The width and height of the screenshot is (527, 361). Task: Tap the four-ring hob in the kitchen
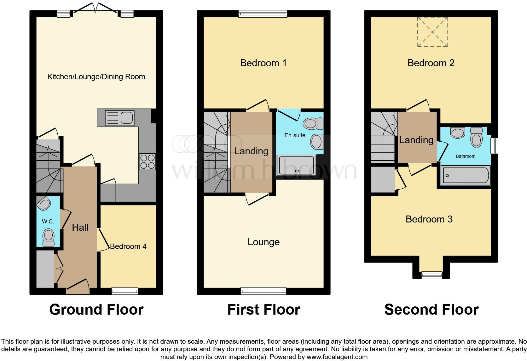148,162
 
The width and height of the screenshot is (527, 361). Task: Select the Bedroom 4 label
128,246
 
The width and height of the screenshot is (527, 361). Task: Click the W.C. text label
48,222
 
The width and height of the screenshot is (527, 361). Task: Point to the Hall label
80,227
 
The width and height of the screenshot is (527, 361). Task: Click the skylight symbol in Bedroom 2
432,32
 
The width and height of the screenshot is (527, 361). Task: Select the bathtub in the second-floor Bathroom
466,176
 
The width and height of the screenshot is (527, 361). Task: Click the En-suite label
295,135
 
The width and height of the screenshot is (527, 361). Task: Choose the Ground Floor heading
96,310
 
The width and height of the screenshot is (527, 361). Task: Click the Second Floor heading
431,310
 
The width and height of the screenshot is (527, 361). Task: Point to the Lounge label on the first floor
263,242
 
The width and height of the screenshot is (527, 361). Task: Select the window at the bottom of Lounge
263,291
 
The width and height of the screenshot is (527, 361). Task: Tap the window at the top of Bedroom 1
263,14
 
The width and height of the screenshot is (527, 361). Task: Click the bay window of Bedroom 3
432,275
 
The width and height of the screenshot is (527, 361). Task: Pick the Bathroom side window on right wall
495,146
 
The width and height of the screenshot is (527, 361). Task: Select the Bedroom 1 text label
263,63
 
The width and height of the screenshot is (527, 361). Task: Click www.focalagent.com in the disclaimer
337,357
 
